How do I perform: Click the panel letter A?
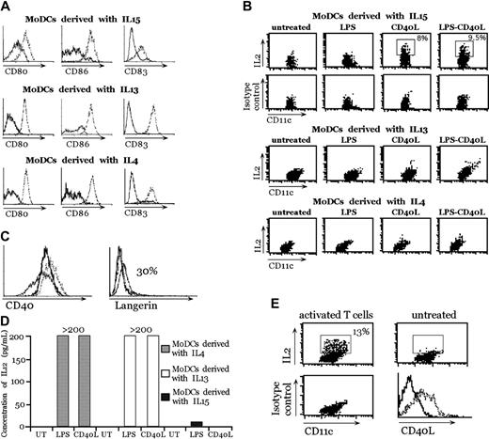point(8,8)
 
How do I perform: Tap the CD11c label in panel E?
point(331,431)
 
